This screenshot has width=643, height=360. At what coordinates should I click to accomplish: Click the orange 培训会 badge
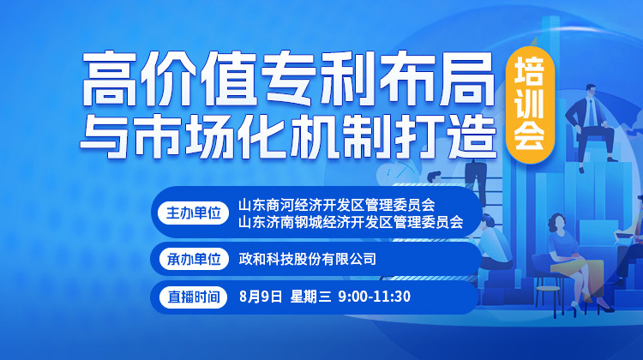pos(530,105)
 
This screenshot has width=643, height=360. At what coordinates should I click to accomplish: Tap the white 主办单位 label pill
pos(193,213)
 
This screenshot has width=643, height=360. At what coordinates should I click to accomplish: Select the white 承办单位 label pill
pos(194,259)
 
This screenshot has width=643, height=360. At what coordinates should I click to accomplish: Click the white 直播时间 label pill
pos(193,297)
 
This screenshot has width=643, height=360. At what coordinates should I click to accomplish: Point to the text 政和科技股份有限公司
pos(308,259)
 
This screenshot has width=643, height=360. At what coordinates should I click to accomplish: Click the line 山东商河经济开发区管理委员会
pos(337,204)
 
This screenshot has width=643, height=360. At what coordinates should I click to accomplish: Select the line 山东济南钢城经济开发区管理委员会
pos(351,222)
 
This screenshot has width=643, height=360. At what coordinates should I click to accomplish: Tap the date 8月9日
pos(261,296)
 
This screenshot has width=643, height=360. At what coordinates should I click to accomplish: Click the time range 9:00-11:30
pos(375,296)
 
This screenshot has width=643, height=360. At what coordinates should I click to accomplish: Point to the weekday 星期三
pos(310,296)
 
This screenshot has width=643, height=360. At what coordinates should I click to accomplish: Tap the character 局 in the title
pos(467,78)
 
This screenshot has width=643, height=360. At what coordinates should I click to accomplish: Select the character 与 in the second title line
pos(105,135)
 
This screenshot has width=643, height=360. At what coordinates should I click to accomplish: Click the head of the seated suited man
pos(591,91)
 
